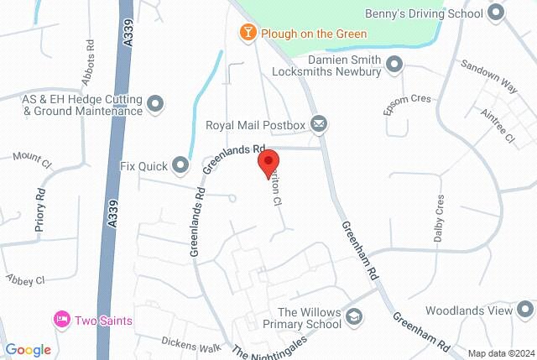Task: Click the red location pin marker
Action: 268,161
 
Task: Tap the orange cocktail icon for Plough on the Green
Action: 248,33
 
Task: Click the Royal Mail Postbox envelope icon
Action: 319,125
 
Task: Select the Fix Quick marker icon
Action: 180,164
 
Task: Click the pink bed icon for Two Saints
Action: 61,320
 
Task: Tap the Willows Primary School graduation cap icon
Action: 354,318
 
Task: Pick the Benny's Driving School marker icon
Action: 496,13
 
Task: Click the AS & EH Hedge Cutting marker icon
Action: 155,104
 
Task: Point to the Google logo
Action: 28,350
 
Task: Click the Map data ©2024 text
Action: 500,352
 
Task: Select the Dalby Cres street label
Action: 438,220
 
